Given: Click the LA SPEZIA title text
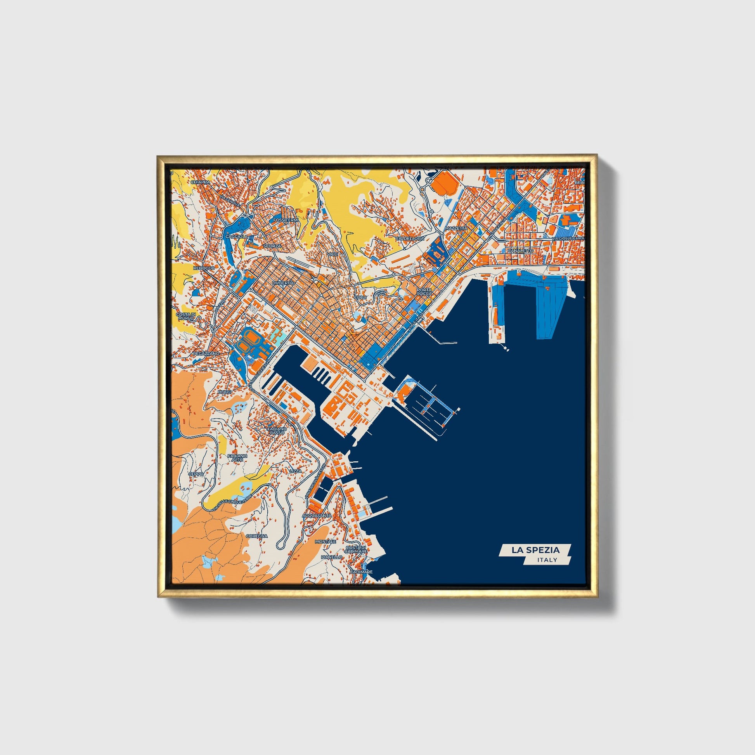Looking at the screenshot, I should pyautogui.click(x=535, y=550).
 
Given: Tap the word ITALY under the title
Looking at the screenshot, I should pyautogui.click(x=547, y=559).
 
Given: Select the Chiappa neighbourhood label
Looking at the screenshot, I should pyautogui.click(x=201, y=182).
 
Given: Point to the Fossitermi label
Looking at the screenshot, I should pyautogui.click(x=286, y=220).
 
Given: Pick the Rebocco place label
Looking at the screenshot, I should pyautogui.click(x=204, y=268).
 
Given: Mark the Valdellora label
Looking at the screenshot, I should pyautogui.click(x=410, y=238).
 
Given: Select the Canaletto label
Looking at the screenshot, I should pyautogui.click(x=520, y=251).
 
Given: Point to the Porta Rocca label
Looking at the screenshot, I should pyautogui.click(x=424, y=291).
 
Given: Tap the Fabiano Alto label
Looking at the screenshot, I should pyautogui.click(x=237, y=457).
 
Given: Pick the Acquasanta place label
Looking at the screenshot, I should pyautogui.click(x=317, y=516).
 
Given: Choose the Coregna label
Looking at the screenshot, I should pyautogui.click(x=257, y=536).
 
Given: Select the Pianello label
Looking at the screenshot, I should pyautogui.click(x=331, y=557).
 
